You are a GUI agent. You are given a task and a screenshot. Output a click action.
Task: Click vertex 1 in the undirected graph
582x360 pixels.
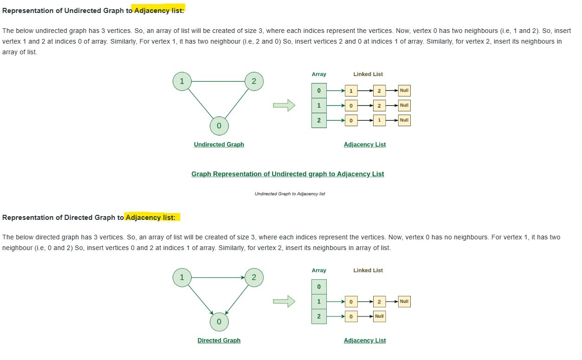(182, 81)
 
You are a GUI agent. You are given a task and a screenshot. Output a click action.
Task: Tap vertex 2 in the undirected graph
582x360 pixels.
(254, 81)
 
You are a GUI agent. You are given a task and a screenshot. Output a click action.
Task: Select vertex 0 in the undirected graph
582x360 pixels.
(219, 126)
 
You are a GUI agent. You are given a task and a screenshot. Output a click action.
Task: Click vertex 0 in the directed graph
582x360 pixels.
(219, 321)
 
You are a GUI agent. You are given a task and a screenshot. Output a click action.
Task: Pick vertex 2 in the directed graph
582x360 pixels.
(254, 277)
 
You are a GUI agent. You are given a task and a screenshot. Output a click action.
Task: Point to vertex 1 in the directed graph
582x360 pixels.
(182, 277)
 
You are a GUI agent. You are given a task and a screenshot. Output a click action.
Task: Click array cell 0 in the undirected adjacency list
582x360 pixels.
(319, 90)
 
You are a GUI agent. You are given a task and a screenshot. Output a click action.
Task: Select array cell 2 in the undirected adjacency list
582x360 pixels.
(319, 120)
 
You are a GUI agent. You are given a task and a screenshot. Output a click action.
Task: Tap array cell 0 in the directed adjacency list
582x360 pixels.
(319, 287)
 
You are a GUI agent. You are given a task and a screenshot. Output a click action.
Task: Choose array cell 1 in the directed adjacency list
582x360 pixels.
(319, 302)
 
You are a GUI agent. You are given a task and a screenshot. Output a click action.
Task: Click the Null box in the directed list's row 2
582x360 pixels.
(379, 316)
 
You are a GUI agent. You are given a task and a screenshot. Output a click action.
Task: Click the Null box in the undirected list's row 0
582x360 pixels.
(404, 90)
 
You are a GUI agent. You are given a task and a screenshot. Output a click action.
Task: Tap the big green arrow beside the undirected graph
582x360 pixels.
(284, 105)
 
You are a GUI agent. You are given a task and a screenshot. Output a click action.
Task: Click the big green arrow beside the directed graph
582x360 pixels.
(284, 302)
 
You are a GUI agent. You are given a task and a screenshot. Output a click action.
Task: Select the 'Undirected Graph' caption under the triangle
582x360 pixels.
(219, 144)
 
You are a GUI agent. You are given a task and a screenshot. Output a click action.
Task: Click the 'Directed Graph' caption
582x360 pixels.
(219, 341)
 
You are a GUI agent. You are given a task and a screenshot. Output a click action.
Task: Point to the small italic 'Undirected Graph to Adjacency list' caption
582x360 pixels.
(290, 193)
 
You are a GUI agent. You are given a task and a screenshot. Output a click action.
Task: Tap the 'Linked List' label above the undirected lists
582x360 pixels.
(368, 74)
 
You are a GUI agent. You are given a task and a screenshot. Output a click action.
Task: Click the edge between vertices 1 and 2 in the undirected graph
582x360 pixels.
(218, 81)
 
